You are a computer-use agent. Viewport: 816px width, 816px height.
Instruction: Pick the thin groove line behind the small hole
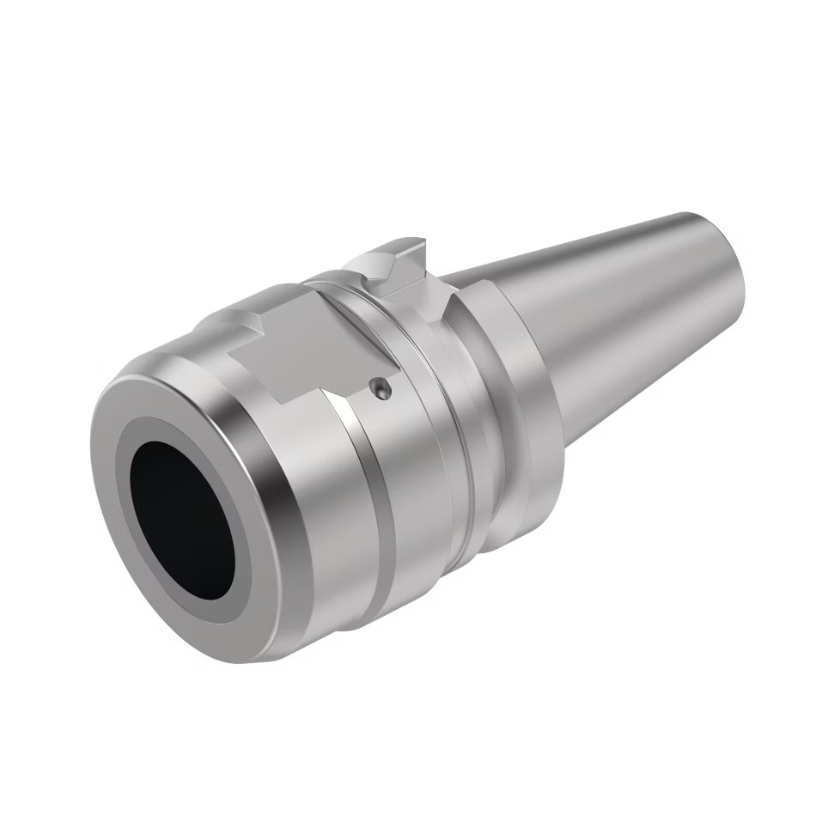click(404, 378)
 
